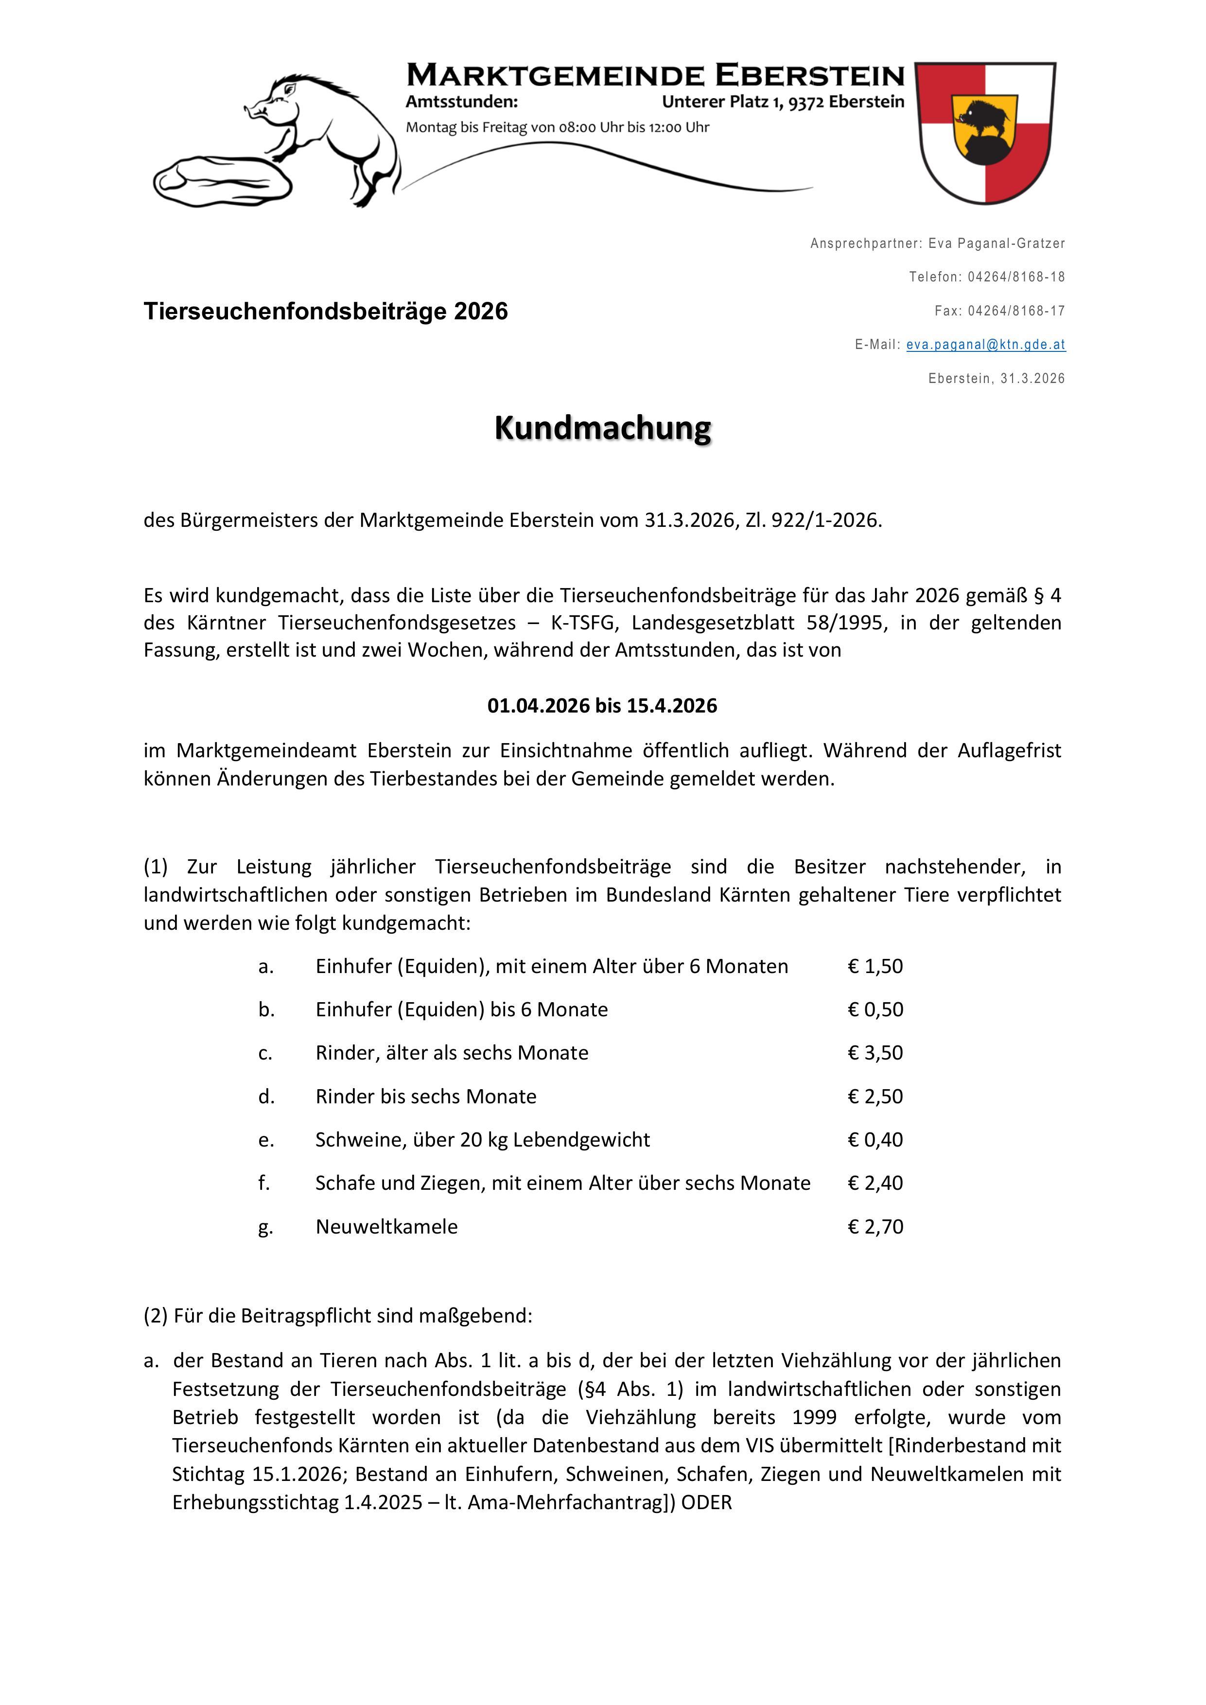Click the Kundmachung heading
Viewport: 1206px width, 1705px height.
602,429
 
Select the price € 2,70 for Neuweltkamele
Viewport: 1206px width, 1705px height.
875,1226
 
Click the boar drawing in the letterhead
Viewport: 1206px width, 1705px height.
327,134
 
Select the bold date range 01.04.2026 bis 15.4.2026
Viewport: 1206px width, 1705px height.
602,705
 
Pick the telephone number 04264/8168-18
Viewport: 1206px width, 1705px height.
1016,277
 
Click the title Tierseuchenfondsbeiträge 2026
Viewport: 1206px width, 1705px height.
325,311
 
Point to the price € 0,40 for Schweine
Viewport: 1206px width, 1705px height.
875,1139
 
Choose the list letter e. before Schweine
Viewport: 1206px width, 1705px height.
266,1140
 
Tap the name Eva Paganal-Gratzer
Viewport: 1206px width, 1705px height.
996,244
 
